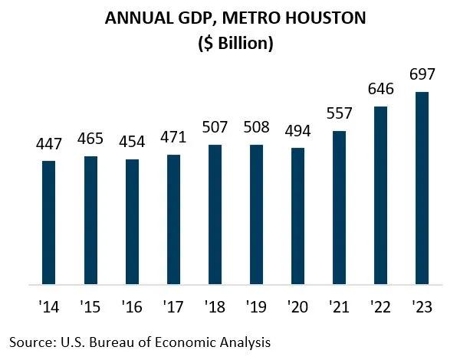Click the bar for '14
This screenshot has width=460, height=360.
(49, 222)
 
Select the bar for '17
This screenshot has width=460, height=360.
(173, 219)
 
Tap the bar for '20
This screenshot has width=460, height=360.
(297, 216)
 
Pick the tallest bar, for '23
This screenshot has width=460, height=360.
(422, 188)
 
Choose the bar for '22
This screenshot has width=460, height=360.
(380, 195)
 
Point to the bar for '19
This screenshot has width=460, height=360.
(256, 214)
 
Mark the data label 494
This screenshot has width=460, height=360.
(297, 132)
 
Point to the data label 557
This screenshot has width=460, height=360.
(339, 115)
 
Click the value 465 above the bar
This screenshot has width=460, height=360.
(90, 140)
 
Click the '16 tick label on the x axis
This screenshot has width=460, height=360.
(131, 307)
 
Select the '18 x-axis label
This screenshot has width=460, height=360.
(214, 307)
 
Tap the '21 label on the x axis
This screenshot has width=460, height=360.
(339, 307)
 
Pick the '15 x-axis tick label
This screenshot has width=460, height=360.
(90, 307)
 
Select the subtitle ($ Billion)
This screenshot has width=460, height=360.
(229, 43)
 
